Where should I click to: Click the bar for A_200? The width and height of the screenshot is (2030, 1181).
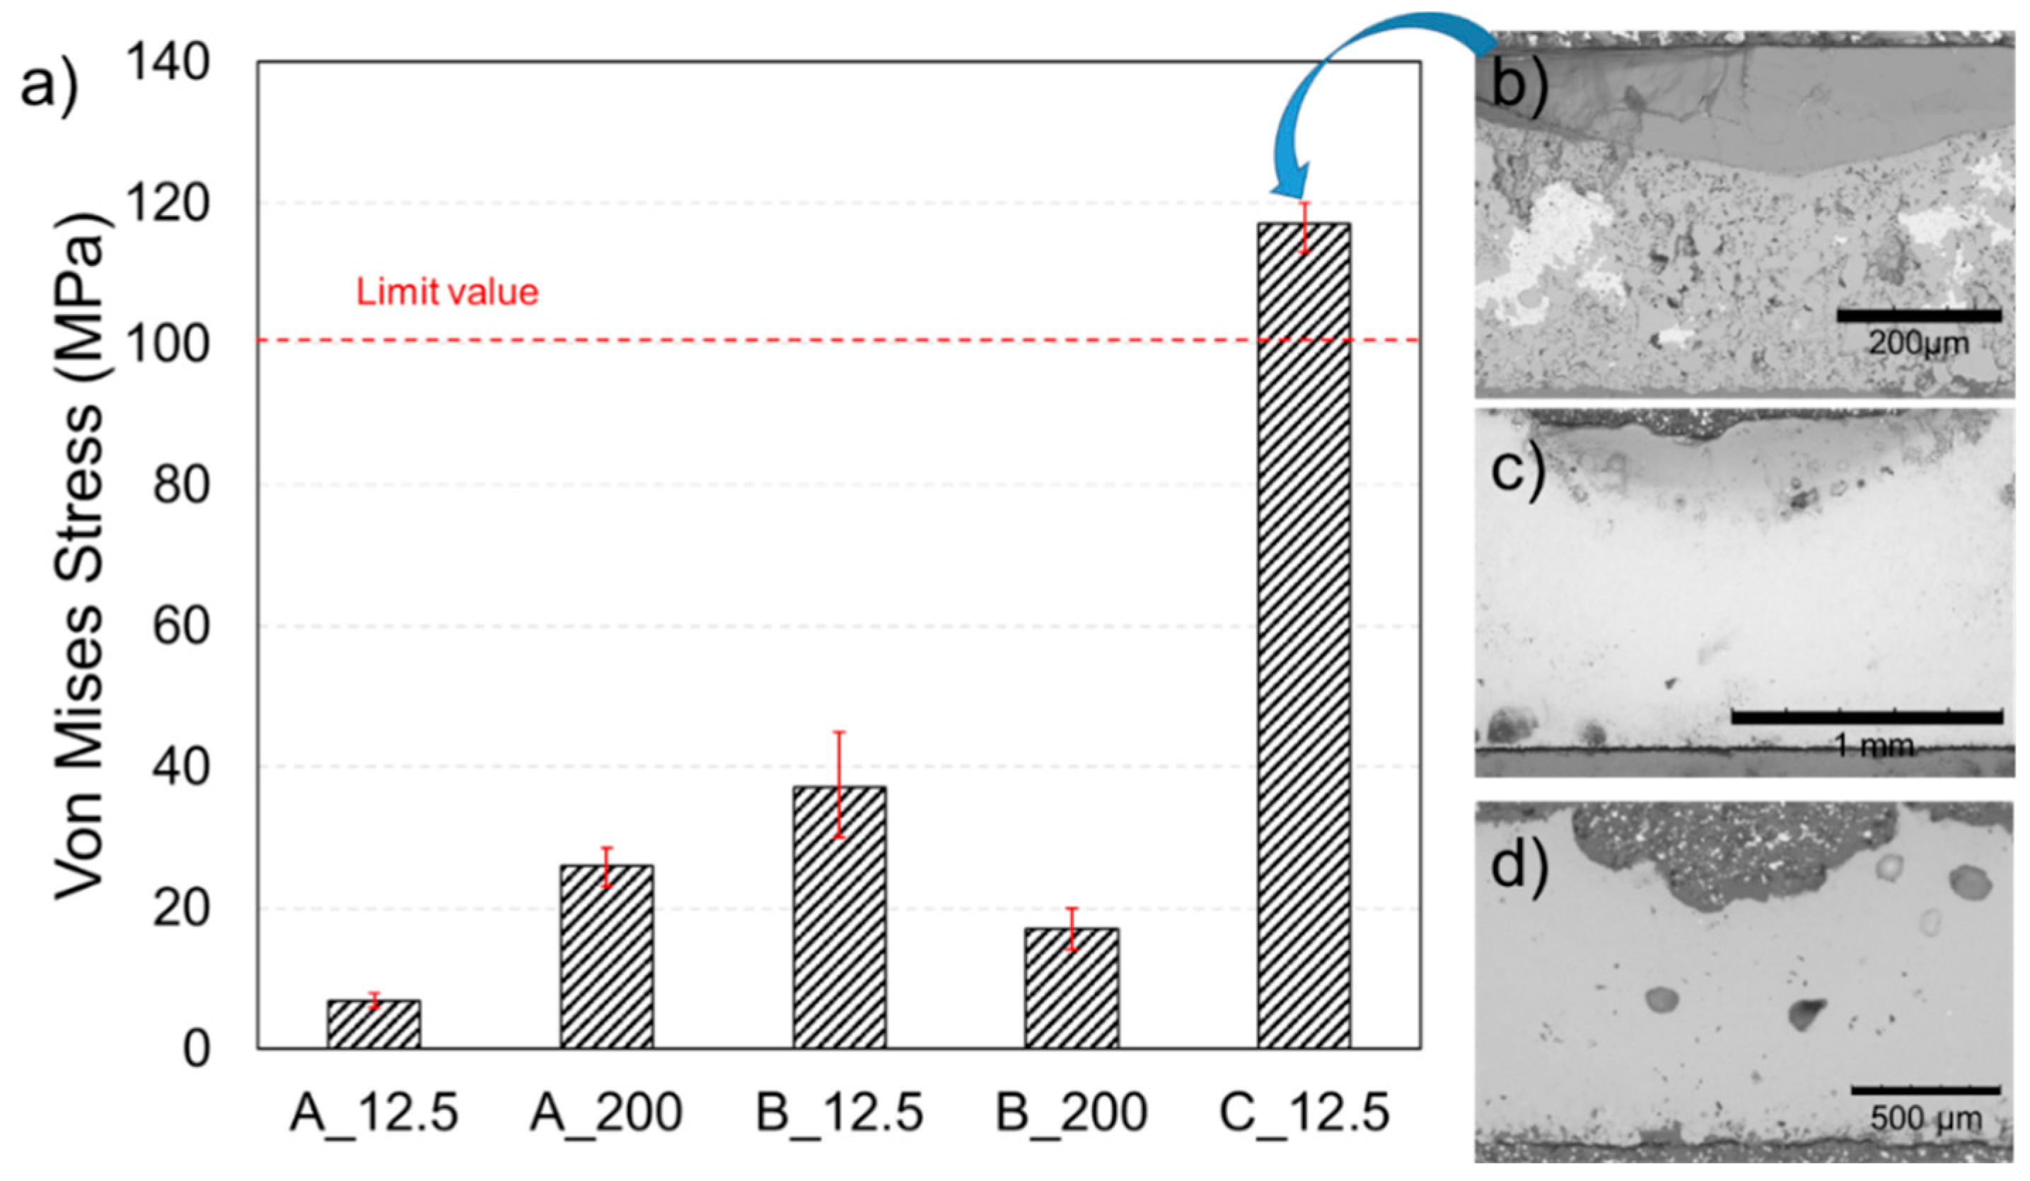point(607,956)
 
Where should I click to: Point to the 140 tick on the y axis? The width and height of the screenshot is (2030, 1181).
point(168,63)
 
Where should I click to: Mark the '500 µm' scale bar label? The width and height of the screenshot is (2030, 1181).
point(1925,1119)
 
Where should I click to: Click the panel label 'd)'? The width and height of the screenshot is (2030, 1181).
point(1519,870)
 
